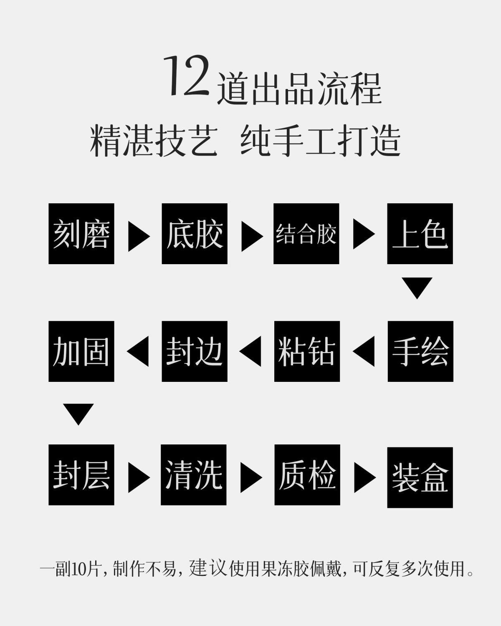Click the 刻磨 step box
pos(81,234)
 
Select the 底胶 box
pos(195,234)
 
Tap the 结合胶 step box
pos(306,234)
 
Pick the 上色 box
pos(420,234)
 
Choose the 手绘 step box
pos(420,351)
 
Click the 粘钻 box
pos(307,351)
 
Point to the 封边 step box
pos(195,351)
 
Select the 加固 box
pos(81,351)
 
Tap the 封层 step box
pos(81,475)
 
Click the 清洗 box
pos(194,475)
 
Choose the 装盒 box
pos(420,477)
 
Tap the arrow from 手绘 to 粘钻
pos(364,351)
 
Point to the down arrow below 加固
pos(78,414)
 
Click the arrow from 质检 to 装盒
pos(364,476)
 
